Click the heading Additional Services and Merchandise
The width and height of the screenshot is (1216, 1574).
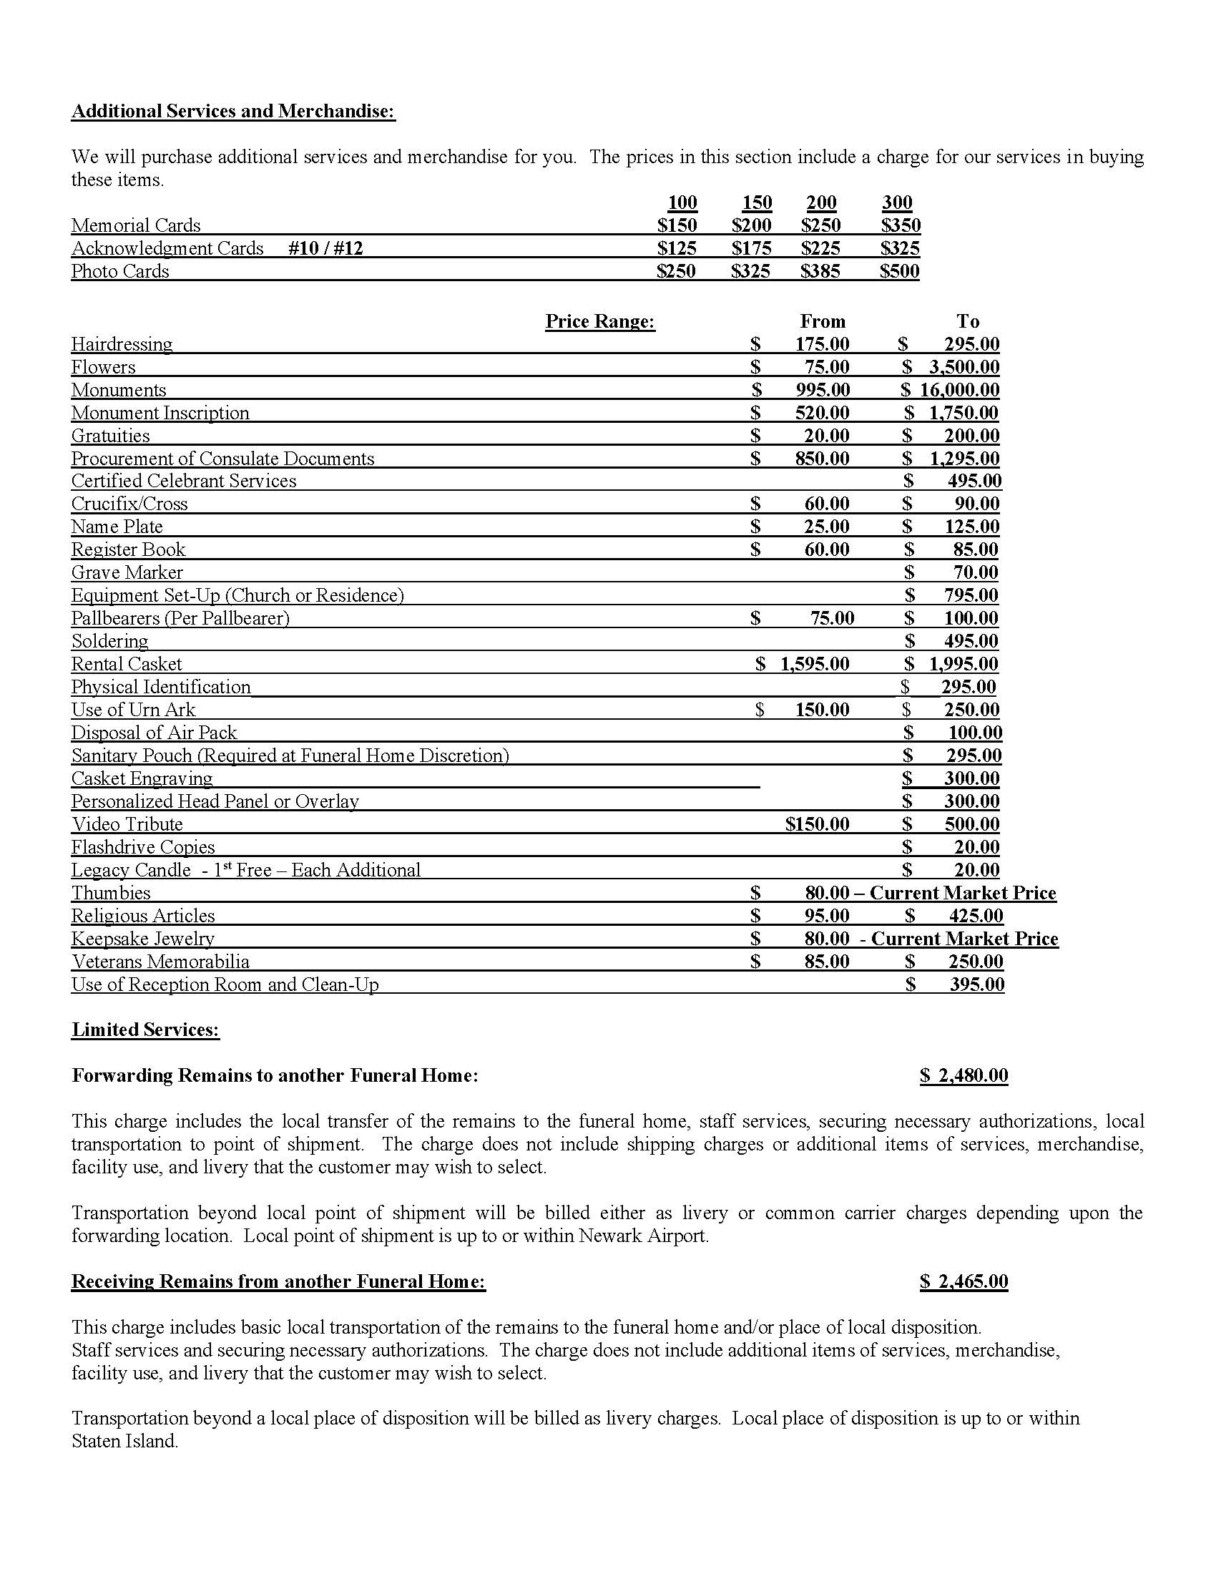click(233, 111)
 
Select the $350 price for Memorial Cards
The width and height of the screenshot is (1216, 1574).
click(901, 225)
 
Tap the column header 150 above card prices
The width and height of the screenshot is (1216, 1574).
click(757, 202)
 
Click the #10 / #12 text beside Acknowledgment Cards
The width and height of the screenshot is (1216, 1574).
click(325, 248)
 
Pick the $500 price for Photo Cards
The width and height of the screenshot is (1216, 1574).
click(899, 271)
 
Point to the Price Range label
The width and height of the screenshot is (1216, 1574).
click(600, 321)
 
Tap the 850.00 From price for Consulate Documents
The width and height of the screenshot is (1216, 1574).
click(822, 459)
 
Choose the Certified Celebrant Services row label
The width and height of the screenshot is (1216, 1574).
click(184, 481)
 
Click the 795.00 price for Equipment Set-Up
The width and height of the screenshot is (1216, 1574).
click(971, 595)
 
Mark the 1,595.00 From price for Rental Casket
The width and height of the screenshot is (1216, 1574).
click(814, 664)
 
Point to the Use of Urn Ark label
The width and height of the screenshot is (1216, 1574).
click(133, 710)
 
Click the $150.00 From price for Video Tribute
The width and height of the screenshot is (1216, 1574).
click(817, 823)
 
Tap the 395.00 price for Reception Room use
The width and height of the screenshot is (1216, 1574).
click(976, 984)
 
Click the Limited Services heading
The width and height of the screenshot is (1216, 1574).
click(145, 1029)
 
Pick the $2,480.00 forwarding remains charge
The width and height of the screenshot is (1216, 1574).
click(964, 1075)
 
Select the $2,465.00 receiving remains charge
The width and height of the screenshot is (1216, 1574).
click(964, 1281)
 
